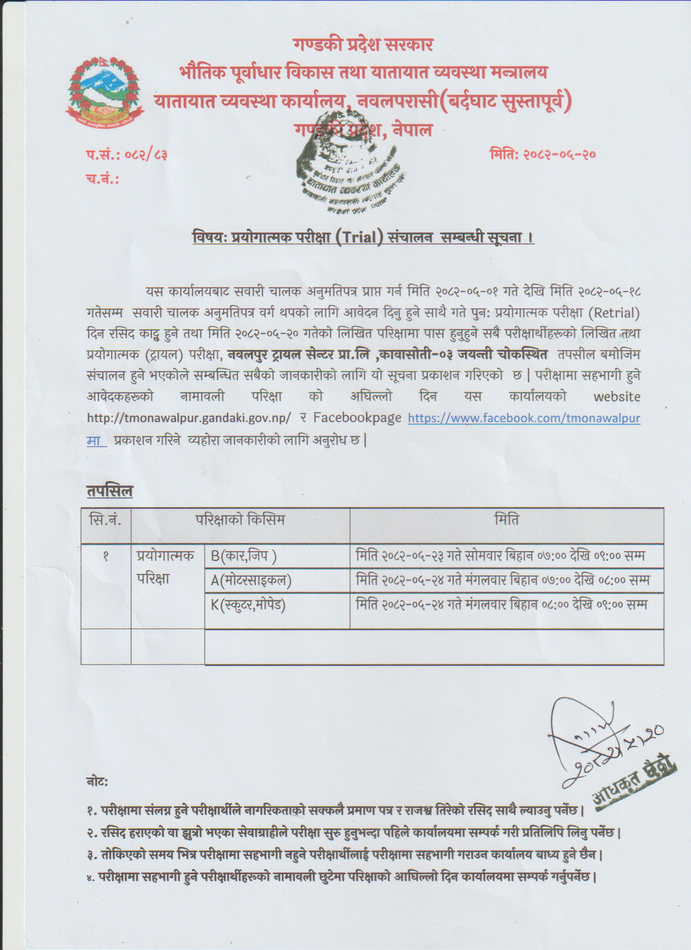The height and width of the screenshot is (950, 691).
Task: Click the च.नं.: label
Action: pyautogui.click(x=102, y=179)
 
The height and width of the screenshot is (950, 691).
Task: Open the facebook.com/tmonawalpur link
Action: pyautogui.click(x=523, y=418)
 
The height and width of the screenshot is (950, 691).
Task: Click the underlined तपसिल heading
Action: pyautogui.click(x=109, y=492)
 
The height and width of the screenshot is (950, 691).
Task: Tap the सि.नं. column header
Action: pyautogui.click(x=106, y=521)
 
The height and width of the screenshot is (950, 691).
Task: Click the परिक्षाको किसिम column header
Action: pyautogui.click(x=240, y=521)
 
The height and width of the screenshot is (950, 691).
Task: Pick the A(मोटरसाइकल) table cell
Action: pyautogui.click(x=251, y=581)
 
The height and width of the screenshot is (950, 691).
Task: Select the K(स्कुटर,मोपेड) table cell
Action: pyautogui.click(x=248, y=604)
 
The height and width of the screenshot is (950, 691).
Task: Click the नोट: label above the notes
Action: pyautogui.click(x=97, y=782)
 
